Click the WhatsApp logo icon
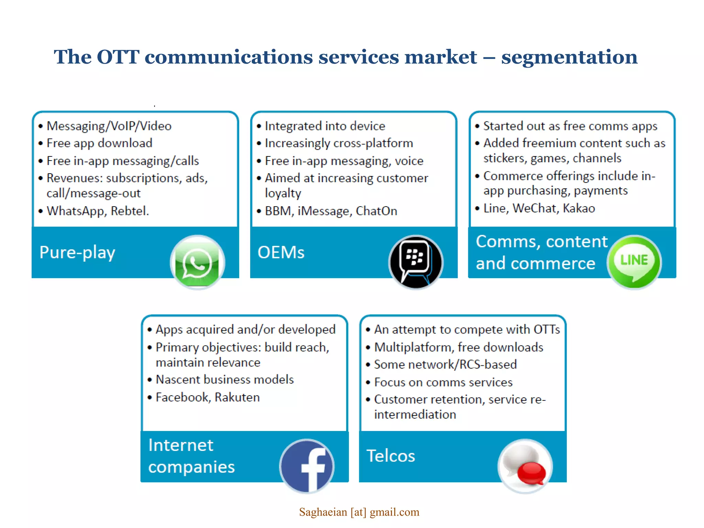(197, 263)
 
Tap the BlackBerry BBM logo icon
(416, 263)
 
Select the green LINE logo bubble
(634, 262)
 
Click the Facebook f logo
(307, 466)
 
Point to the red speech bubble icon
(531, 473)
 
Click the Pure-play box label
(77, 253)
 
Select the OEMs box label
(281, 253)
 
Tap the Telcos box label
(391, 456)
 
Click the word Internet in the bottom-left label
(181, 445)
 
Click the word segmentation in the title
(569, 57)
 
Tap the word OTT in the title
(118, 57)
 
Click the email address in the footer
(359, 512)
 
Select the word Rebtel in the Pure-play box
(129, 211)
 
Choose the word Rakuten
(237, 397)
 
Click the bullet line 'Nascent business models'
(224, 379)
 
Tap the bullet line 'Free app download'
(99, 143)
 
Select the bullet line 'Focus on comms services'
(443, 382)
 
